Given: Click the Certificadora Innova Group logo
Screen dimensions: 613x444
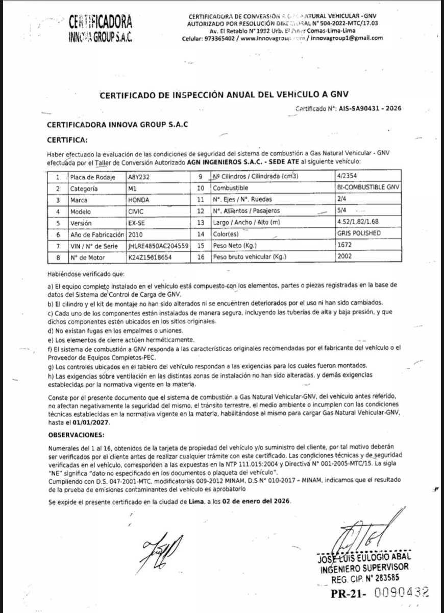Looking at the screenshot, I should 100,29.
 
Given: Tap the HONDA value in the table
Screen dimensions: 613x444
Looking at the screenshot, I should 138,200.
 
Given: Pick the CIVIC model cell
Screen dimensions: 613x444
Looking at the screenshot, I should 137,211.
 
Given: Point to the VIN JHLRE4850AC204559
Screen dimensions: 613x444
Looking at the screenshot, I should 158,246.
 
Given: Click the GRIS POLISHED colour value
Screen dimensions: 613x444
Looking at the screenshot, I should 359,233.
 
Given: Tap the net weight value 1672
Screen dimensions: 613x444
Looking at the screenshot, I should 344,245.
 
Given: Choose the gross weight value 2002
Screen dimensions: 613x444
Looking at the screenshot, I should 344,256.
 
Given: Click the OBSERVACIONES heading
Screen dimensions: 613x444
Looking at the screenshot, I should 76,435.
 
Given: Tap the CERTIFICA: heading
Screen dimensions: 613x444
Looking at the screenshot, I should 67,139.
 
